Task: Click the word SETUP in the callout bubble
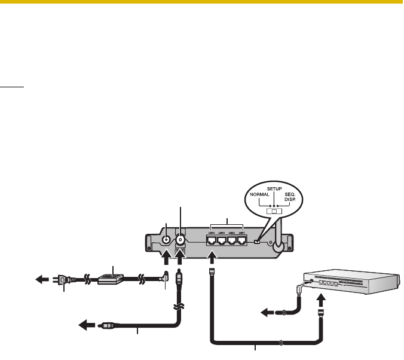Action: coord(274,188)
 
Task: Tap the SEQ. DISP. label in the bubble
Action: coord(289,198)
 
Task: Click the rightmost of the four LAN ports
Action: coord(242,242)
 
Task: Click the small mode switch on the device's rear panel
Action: coord(256,242)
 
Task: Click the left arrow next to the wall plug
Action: coord(44,279)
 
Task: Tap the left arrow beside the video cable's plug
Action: coord(86,326)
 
